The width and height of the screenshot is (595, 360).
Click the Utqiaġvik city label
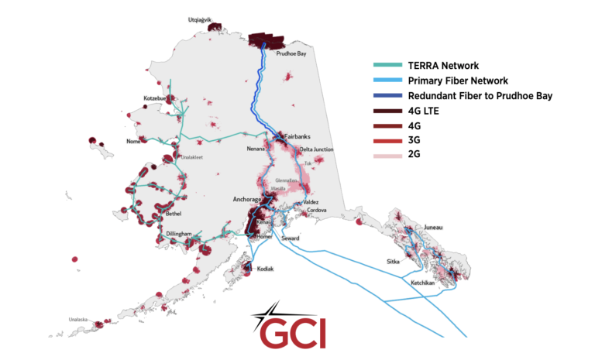[x=201, y=20]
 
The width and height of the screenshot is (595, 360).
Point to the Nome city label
[x=134, y=142]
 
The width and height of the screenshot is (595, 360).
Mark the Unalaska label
[x=77, y=319]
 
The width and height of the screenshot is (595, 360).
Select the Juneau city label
[x=433, y=228]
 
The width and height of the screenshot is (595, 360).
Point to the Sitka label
[x=393, y=262]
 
